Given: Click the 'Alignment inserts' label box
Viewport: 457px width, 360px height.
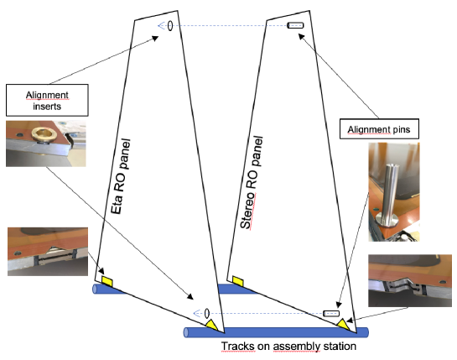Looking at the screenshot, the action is tap(47, 100).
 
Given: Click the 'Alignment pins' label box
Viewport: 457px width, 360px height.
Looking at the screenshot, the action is tap(379, 128).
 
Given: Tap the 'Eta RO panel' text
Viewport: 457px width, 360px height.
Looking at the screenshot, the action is tap(121, 176).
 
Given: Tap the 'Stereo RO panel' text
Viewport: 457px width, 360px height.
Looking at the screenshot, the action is tap(252, 182).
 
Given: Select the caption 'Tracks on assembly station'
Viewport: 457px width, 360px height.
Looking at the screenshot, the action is tap(288, 347).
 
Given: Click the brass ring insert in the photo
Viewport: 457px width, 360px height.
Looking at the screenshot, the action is tap(44, 134).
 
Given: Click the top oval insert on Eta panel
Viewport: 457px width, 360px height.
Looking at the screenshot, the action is tap(170, 26).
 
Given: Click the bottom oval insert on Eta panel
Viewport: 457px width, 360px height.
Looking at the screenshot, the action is tap(207, 313).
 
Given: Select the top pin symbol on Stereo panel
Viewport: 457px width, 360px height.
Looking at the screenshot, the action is tap(295, 25).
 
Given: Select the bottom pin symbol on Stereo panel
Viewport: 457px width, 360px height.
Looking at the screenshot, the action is tap(331, 313).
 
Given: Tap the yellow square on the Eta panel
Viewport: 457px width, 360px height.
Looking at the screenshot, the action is tap(107, 281).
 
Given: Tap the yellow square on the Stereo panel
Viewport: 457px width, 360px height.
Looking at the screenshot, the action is tap(238, 281).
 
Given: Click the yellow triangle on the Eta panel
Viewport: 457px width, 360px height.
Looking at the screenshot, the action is tap(212, 325).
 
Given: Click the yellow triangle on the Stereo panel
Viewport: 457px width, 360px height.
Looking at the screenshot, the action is tap(344, 325).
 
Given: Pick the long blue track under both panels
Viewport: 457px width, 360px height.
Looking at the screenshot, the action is tap(276, 332).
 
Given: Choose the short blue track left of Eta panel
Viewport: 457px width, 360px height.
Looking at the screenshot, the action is tap(108, 290).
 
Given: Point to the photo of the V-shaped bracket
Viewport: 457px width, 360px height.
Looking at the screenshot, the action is tap(410, 280).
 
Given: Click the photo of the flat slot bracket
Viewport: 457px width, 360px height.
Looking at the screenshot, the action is tap(48, 252).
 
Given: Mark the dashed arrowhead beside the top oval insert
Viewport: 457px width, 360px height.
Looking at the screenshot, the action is tap(161, 26).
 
